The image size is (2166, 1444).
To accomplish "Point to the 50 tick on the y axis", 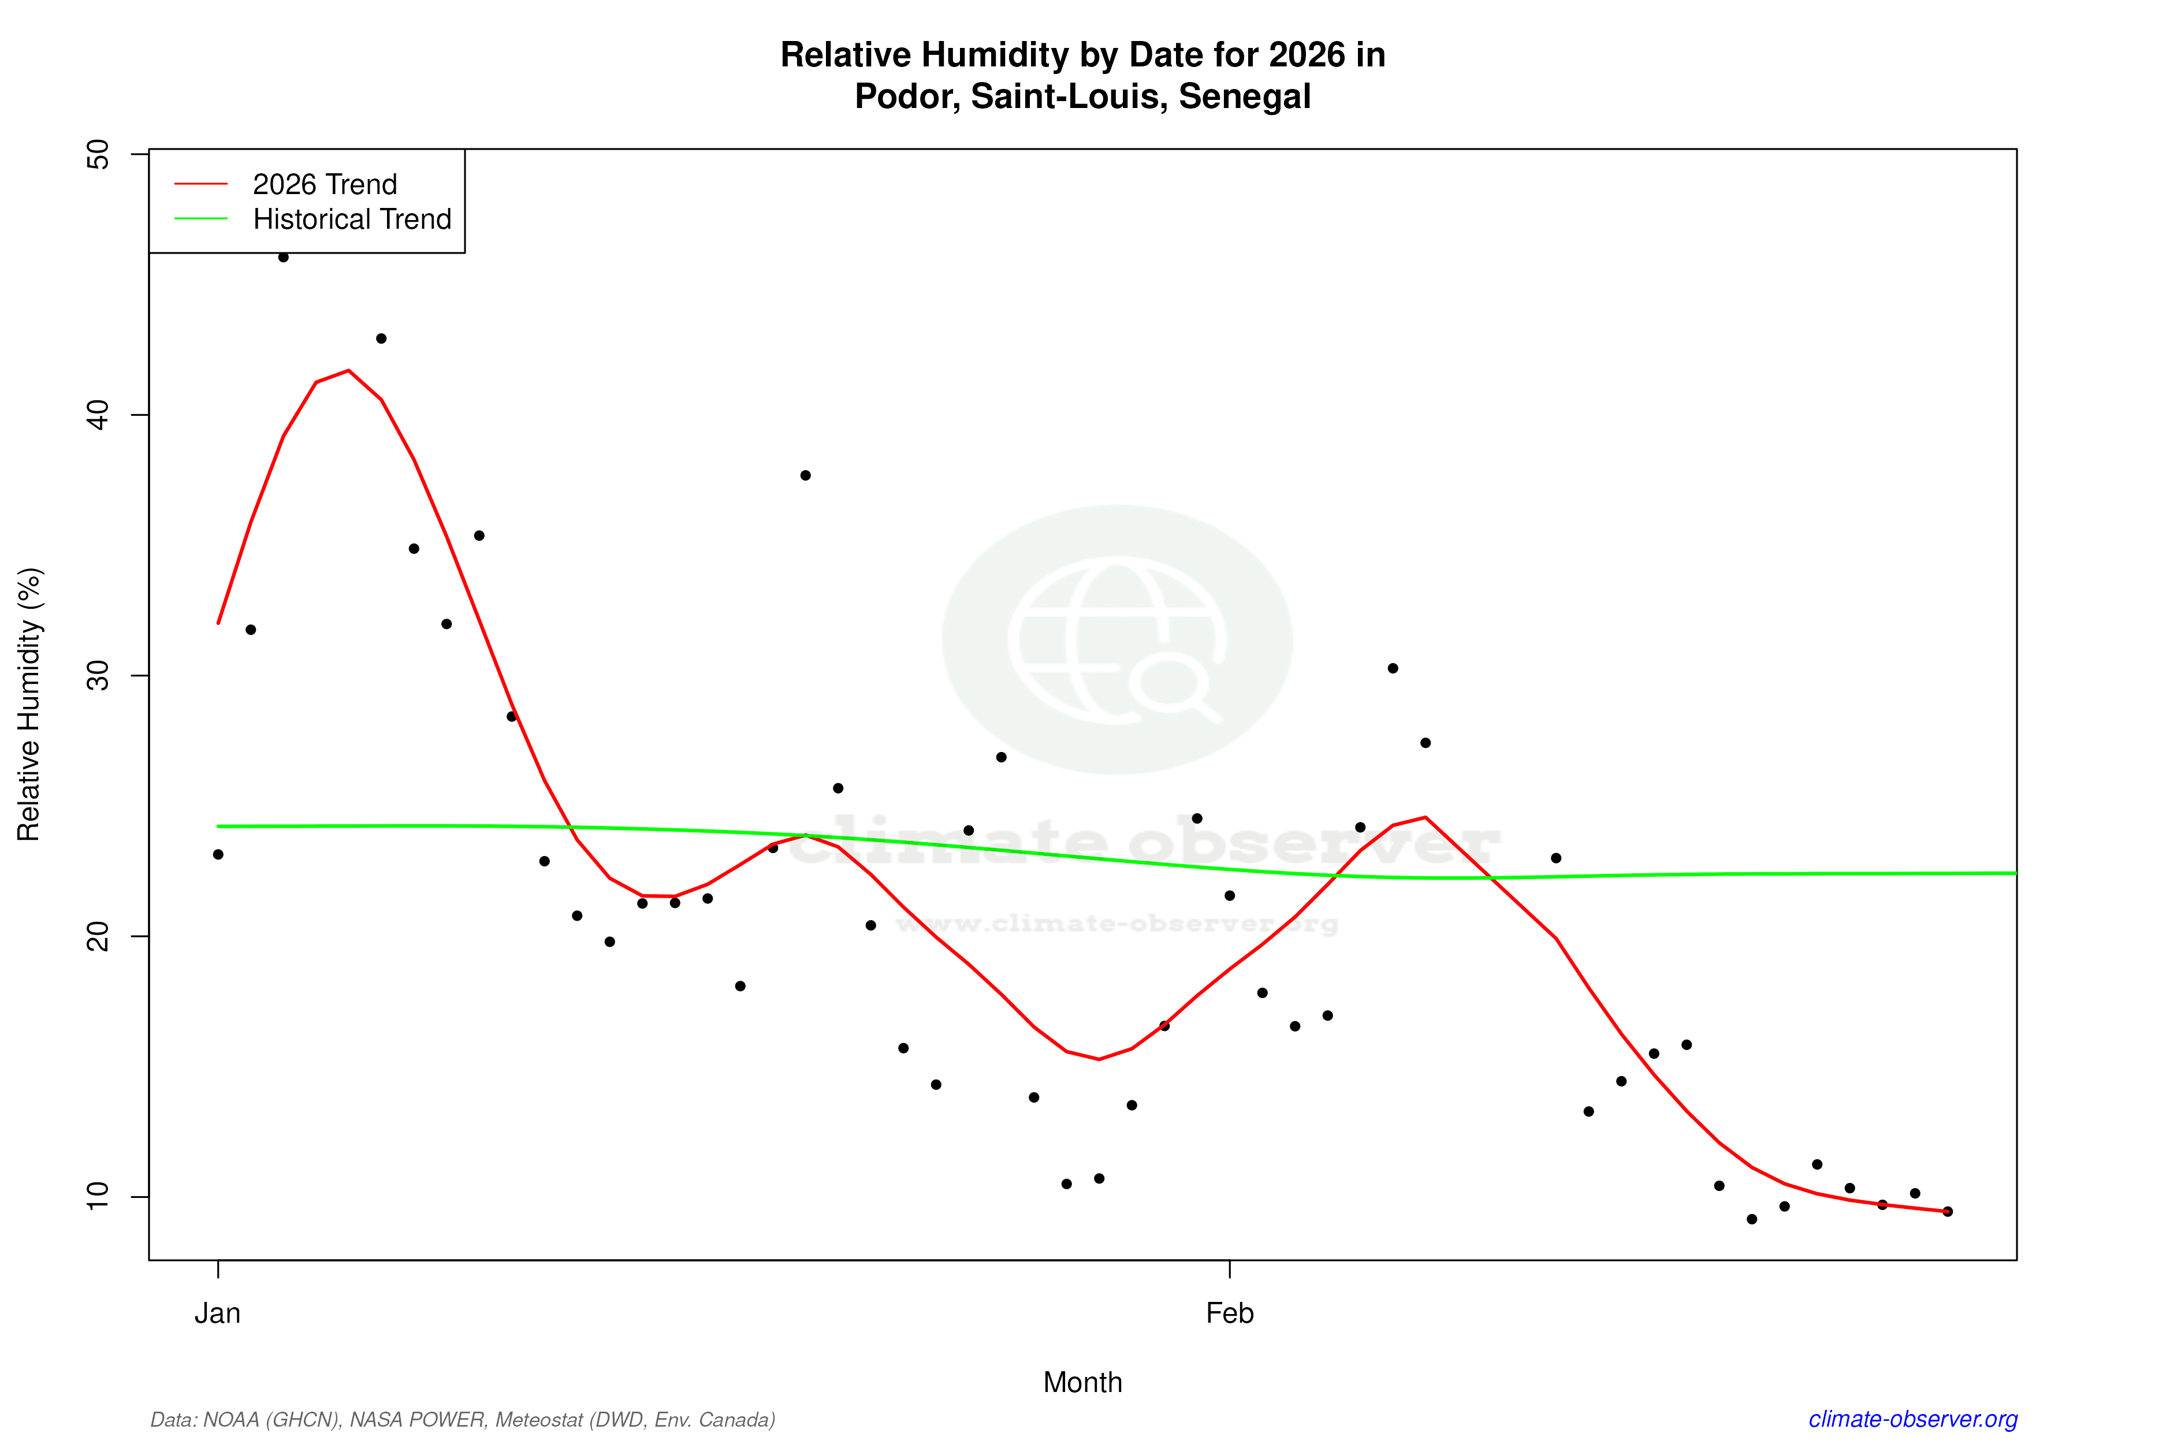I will (x=96, y=155).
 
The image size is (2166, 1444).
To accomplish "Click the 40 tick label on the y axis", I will (x=96, y=415).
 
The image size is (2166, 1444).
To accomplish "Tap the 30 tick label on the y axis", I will (x=96, y=676).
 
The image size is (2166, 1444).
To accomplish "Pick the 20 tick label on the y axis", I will (x=96, y=936).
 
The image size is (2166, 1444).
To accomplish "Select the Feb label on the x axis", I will (x=1230, y=1313).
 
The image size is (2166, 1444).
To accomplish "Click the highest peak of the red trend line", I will (x=348, y=370).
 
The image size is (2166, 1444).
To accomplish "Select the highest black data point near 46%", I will (x=284, y=257).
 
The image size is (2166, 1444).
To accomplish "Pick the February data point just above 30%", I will (x=1393, y=669).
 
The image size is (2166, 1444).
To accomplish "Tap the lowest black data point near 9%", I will (x=1752, y=1219).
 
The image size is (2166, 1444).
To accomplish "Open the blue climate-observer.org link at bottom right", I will (x=1913, y=1419).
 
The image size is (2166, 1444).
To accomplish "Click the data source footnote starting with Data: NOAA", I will (x=462, y=1419).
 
